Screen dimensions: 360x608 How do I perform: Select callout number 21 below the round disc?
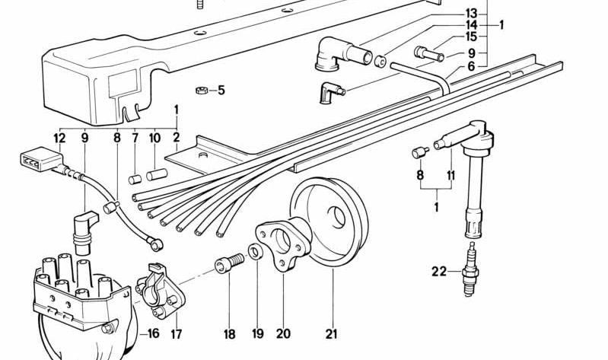(331, 333)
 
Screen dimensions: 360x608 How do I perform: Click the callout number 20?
(283, 333)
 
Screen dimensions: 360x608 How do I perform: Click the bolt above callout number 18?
(231, 263)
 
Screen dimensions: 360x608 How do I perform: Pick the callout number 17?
(177, 333)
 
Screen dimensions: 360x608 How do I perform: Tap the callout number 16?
(152, 333)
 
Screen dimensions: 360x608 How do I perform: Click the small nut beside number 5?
(201, 91)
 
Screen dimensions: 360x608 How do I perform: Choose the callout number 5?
(221, 91)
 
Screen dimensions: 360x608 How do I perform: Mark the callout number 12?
(60, 139)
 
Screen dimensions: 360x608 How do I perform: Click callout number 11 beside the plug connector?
(451, 175)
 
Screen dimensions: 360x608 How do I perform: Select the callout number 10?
(155, 139)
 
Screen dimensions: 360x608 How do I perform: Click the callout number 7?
(135, 139)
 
